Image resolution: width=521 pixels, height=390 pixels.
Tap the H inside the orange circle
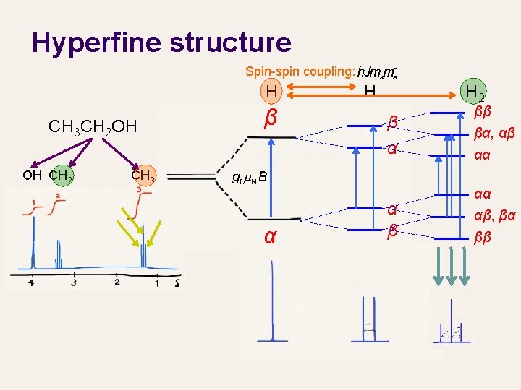click(x=271, y=92)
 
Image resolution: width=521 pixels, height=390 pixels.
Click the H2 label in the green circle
click(x=475, y=92)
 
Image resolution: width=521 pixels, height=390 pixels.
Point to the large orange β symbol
click(x=271, y=117)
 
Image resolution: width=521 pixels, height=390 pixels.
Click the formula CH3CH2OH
click(x=92, y=127)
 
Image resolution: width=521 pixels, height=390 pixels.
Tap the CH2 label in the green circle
click(x=60, y=175)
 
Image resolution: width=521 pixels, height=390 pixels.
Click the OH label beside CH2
click(x=32, y=175)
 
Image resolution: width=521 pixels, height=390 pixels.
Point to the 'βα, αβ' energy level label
click(x=494, y=134)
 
